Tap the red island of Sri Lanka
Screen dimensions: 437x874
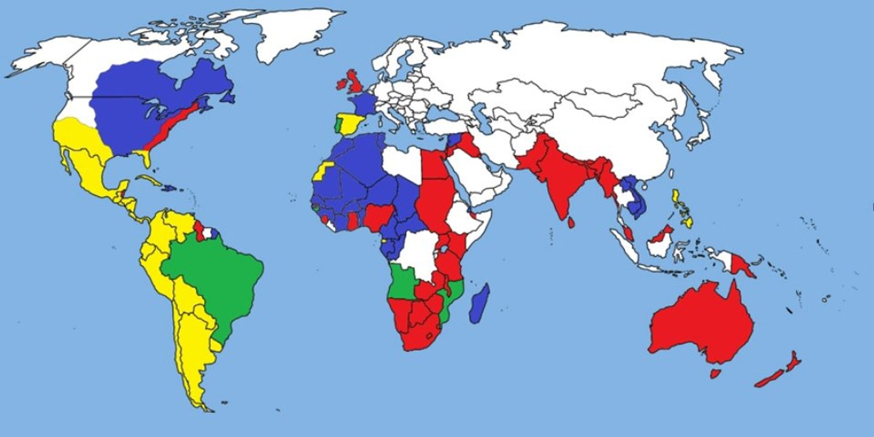click(571, 223)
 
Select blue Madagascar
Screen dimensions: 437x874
click(479, 303)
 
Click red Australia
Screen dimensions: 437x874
click(704, 322)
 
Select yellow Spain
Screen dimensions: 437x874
click(351, 124)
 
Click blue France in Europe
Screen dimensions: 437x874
click(362, 103)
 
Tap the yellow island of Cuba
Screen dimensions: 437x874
click(151, 180)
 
